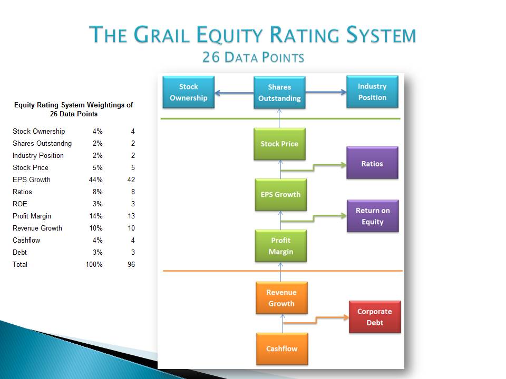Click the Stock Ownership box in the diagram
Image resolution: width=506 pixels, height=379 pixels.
coord(189,92)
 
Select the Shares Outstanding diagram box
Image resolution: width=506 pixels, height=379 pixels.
coord(279,93)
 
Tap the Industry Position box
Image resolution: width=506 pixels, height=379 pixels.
coord(373,92)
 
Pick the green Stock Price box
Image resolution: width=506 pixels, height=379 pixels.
coord(279,144)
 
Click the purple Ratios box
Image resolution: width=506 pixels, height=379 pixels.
coord(373,163)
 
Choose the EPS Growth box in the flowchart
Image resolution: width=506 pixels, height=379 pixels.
coord(281,195)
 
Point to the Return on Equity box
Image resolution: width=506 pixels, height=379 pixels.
coord(373,216)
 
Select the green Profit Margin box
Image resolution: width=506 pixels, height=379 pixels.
coord(281,246)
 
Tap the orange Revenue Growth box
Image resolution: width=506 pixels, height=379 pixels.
coord(281,298)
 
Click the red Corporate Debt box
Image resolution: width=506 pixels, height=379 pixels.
coord(375,317)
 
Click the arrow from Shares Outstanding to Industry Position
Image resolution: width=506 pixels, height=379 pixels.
coord(326,92)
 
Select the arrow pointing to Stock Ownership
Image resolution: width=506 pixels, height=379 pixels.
coord(234,93)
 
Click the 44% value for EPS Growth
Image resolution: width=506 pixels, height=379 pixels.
coord(95,180)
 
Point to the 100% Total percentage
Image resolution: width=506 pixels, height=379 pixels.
coord(94,265)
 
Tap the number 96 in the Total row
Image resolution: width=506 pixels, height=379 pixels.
coord(131,265)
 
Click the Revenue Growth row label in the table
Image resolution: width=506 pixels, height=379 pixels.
coord(37,228)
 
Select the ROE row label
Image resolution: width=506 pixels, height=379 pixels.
coord(20,204)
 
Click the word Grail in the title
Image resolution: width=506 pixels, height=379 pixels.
coord(161,35)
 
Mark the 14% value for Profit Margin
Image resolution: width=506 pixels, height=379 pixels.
coord(96,216)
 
